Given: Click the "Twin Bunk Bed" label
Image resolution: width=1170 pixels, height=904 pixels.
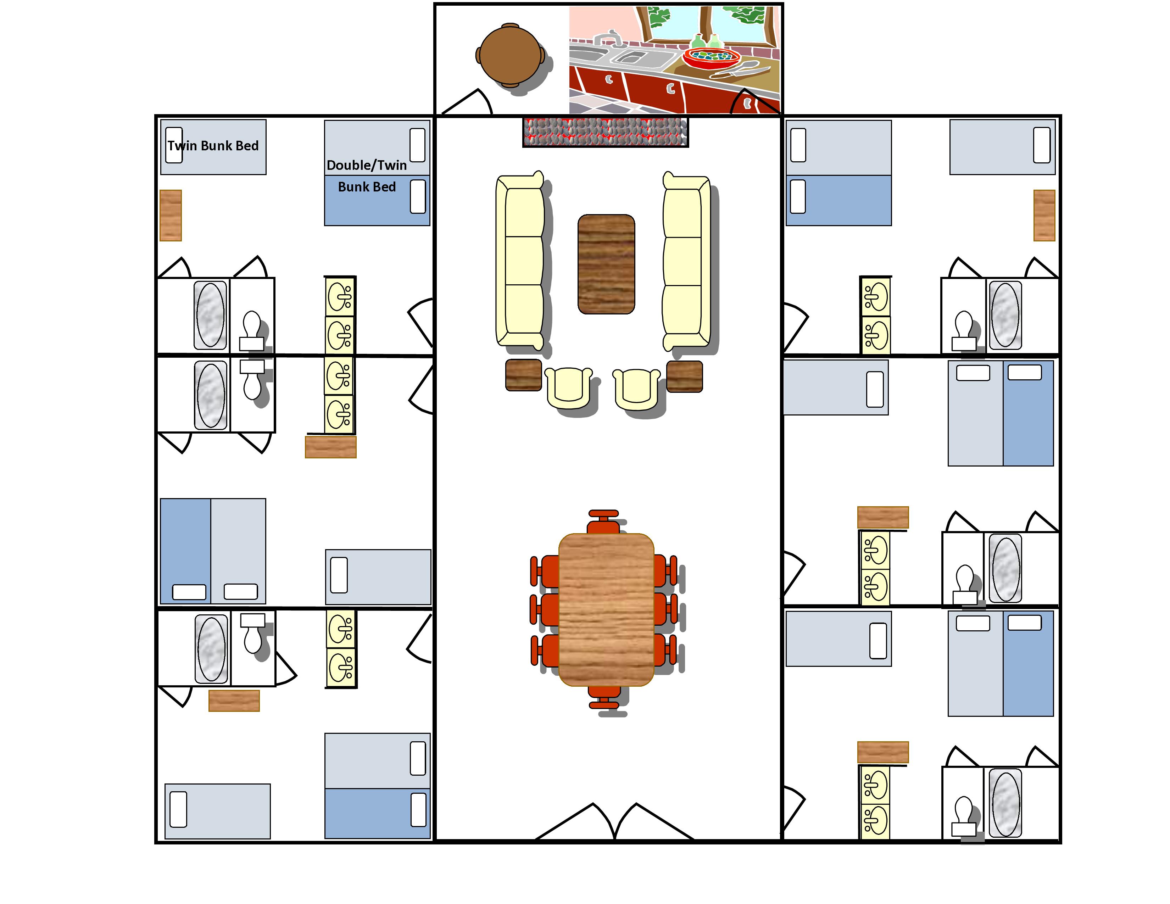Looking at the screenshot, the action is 213,146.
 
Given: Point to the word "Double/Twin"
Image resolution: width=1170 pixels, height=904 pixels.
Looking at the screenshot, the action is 367,165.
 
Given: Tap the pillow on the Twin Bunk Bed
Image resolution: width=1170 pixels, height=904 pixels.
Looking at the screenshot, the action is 174,145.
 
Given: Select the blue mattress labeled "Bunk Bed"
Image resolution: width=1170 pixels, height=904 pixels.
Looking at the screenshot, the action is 377,200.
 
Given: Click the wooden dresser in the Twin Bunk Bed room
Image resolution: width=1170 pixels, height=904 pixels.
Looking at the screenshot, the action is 170,215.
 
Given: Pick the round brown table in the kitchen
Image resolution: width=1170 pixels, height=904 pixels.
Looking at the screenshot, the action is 510,55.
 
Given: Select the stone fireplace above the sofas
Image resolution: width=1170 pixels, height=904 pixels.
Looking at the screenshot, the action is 605,132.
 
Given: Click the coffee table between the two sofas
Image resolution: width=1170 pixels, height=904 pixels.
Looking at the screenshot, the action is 606,264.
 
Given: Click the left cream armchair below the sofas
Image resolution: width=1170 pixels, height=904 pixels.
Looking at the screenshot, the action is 568,387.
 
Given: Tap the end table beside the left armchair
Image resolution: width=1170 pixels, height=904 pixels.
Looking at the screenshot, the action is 523,375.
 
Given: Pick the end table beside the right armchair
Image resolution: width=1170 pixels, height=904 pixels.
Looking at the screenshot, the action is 685,376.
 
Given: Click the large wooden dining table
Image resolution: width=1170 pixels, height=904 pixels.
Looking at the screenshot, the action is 606,609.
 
